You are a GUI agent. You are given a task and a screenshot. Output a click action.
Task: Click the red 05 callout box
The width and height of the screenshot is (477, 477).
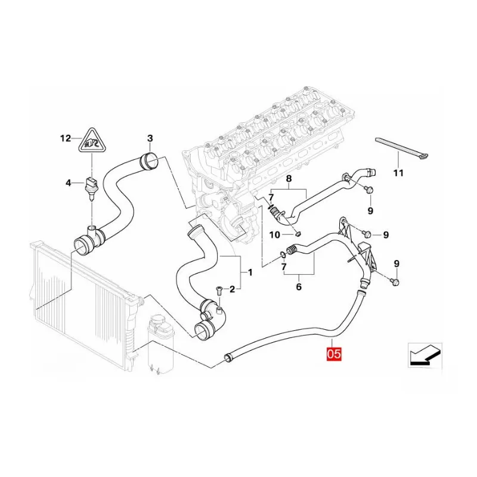point(334,354)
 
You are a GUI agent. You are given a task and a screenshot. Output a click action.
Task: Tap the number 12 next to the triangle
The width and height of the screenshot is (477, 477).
point(66,138)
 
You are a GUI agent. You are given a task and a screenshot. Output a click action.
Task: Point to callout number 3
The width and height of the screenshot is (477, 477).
point(150,138)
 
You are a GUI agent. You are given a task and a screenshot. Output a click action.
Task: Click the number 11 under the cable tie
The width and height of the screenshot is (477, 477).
point(398,173)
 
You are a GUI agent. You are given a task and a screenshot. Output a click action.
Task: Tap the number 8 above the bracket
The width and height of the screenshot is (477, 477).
point(289,178)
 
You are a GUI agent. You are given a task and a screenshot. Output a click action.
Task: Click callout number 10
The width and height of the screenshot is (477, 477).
point(274,234)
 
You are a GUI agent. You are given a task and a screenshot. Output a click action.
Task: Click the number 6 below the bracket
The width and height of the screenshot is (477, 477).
point(299,287)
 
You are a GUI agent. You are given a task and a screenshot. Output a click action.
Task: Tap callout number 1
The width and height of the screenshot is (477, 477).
point(250,272)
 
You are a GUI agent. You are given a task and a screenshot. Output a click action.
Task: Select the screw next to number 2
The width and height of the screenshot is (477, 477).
point(218,291)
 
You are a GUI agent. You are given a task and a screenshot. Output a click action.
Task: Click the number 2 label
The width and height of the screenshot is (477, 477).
point(232,289)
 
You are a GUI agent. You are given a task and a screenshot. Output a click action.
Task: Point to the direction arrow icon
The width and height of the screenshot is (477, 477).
point(425,355)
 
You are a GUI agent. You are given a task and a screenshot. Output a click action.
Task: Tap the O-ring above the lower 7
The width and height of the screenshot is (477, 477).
point(283,255)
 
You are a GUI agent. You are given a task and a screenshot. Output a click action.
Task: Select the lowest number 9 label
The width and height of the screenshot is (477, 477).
point(397,264)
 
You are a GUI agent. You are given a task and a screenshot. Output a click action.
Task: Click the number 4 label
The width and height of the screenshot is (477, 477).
point(68,183)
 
